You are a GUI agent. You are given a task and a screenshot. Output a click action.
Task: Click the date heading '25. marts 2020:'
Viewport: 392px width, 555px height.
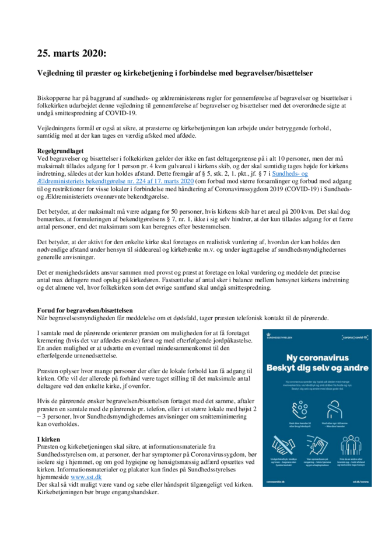point(72,53)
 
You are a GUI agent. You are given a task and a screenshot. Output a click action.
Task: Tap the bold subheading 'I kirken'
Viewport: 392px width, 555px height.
point(49,438)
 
